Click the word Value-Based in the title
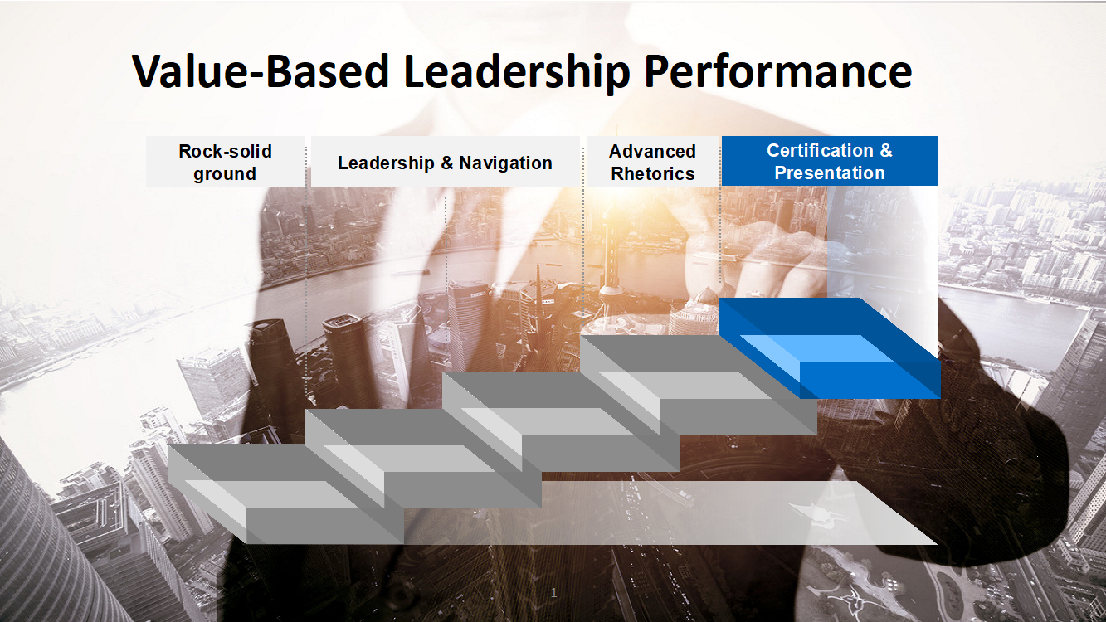pos(261,71)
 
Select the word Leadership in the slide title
pos(517,73)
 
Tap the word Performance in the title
pos(777,73)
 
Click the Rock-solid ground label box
pos(225,162)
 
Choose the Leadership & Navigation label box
pos(446,162)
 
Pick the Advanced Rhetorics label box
pos(653,162)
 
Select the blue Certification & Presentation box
pos(830,161)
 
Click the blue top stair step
pos(830,348)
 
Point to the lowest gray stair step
pos(285,494)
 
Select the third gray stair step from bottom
pos(560,421)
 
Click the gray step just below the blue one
pos(698,385)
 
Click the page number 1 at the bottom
pos(553,593)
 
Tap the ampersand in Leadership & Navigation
pos(447,163)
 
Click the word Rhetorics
pos(653,174)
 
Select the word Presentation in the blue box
pos(830,173)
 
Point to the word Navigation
pos(505,163)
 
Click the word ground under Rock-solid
pos(225,175)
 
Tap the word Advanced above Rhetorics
pos(652,151)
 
